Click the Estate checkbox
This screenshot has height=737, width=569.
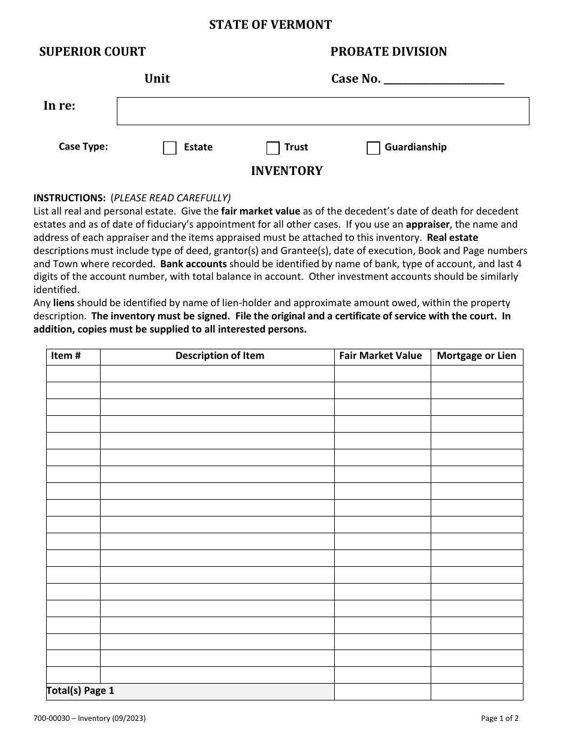(170, 148)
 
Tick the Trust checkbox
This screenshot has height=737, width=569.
(273, 148)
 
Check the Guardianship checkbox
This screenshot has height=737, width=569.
(373, 148)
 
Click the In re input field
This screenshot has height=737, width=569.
(323, 111)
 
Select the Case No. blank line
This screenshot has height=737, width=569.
(443, 80)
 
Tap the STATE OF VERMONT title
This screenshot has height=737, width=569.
(270, 25)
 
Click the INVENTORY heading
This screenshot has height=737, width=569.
(286, 171)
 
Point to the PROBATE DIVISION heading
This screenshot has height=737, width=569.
(388, 52)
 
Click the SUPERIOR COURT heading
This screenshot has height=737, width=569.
(92, 52)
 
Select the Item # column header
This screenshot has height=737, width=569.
(66, 356)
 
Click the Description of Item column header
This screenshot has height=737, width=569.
(219, 356)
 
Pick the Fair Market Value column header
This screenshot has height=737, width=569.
(380, 356)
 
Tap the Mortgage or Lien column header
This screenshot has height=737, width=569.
(476, 356)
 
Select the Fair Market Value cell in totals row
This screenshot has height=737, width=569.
(382, 691)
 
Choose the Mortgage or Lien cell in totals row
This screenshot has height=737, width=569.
(477, 691)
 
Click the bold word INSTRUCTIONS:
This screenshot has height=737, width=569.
(69, 198)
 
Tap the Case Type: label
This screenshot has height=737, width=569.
(83, 147)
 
